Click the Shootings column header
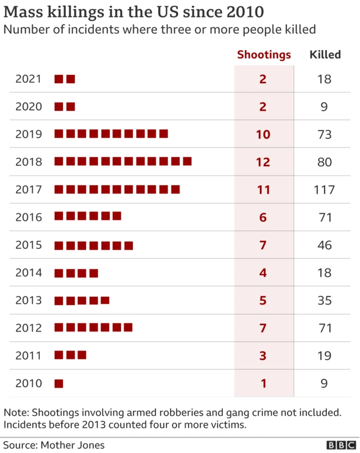[x=264, y=55]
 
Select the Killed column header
[x=325, y=55]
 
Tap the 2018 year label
[x=29, y=162]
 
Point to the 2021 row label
[x=29, y=79]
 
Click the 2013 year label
[x=29, y=300]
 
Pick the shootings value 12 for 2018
[x=263, y=162]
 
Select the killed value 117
[x=324, y=190]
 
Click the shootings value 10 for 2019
[x=263, y=134]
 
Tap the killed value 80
[x=324, y=162]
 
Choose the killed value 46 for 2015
[x=324, y=245]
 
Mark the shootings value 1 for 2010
[x=263, y=384]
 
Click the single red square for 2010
[x=58, y=384]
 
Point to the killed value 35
[x=324, y=300]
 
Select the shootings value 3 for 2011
[x=263, y=356]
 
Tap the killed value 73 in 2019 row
[x=324, y=134]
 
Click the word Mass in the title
[x=24, y=12]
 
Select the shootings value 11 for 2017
[x=263, y=190]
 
